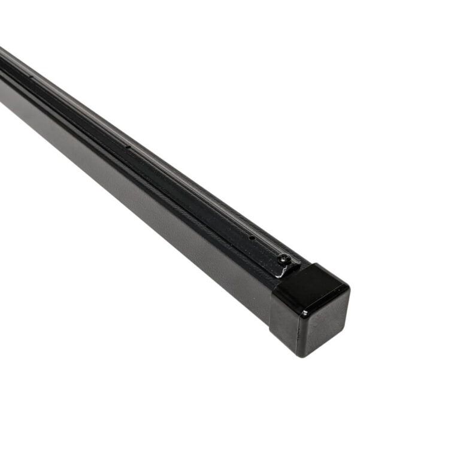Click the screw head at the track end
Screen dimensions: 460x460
[x=283, y=259]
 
